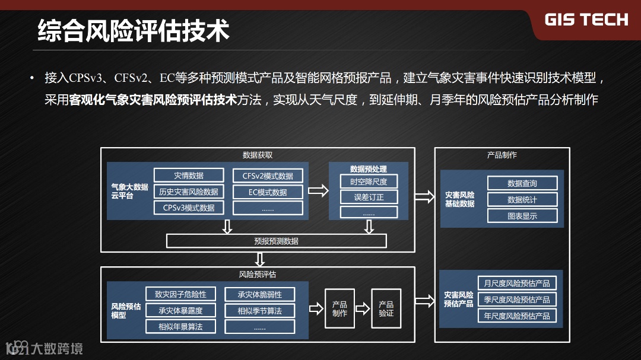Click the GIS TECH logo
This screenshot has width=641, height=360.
(586, 20)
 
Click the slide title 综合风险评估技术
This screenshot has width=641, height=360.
(134, 30)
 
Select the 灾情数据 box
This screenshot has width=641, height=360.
(189, 176)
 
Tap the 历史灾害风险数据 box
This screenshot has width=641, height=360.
(189, 192)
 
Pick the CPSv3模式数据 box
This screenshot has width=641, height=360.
(189, 208)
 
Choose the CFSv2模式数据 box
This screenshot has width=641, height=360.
(268, 176)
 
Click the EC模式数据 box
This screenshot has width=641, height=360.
(268, 192)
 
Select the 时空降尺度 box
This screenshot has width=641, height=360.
(369, 181)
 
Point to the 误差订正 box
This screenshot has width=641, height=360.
(369, 197)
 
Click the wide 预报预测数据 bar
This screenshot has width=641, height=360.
(276, 241)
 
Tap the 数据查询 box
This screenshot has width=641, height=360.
(522, 183)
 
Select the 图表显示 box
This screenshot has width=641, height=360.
(522, 216)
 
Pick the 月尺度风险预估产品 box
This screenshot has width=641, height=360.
(517, 283)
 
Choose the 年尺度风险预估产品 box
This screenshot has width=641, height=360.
(517, 316)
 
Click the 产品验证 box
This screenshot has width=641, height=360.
(386, 308)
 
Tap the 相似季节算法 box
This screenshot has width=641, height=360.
(259, 311)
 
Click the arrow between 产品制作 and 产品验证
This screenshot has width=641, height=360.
(363, 308)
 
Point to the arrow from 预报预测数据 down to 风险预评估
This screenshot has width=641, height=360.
(259, 259)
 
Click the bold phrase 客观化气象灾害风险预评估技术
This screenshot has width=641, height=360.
(153, 100)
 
